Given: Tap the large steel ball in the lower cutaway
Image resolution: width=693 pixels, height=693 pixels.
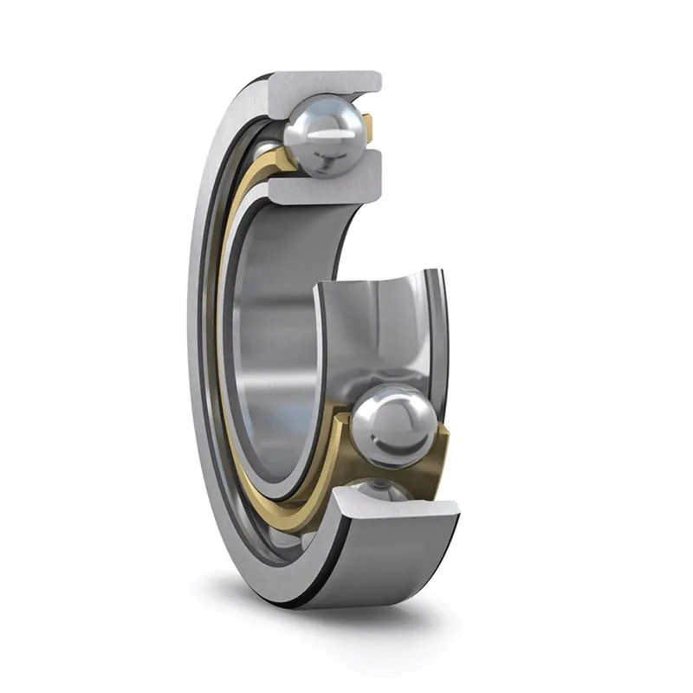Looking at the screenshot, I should [395, 426].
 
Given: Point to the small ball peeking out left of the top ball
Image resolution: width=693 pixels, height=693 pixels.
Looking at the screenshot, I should [269, 147].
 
